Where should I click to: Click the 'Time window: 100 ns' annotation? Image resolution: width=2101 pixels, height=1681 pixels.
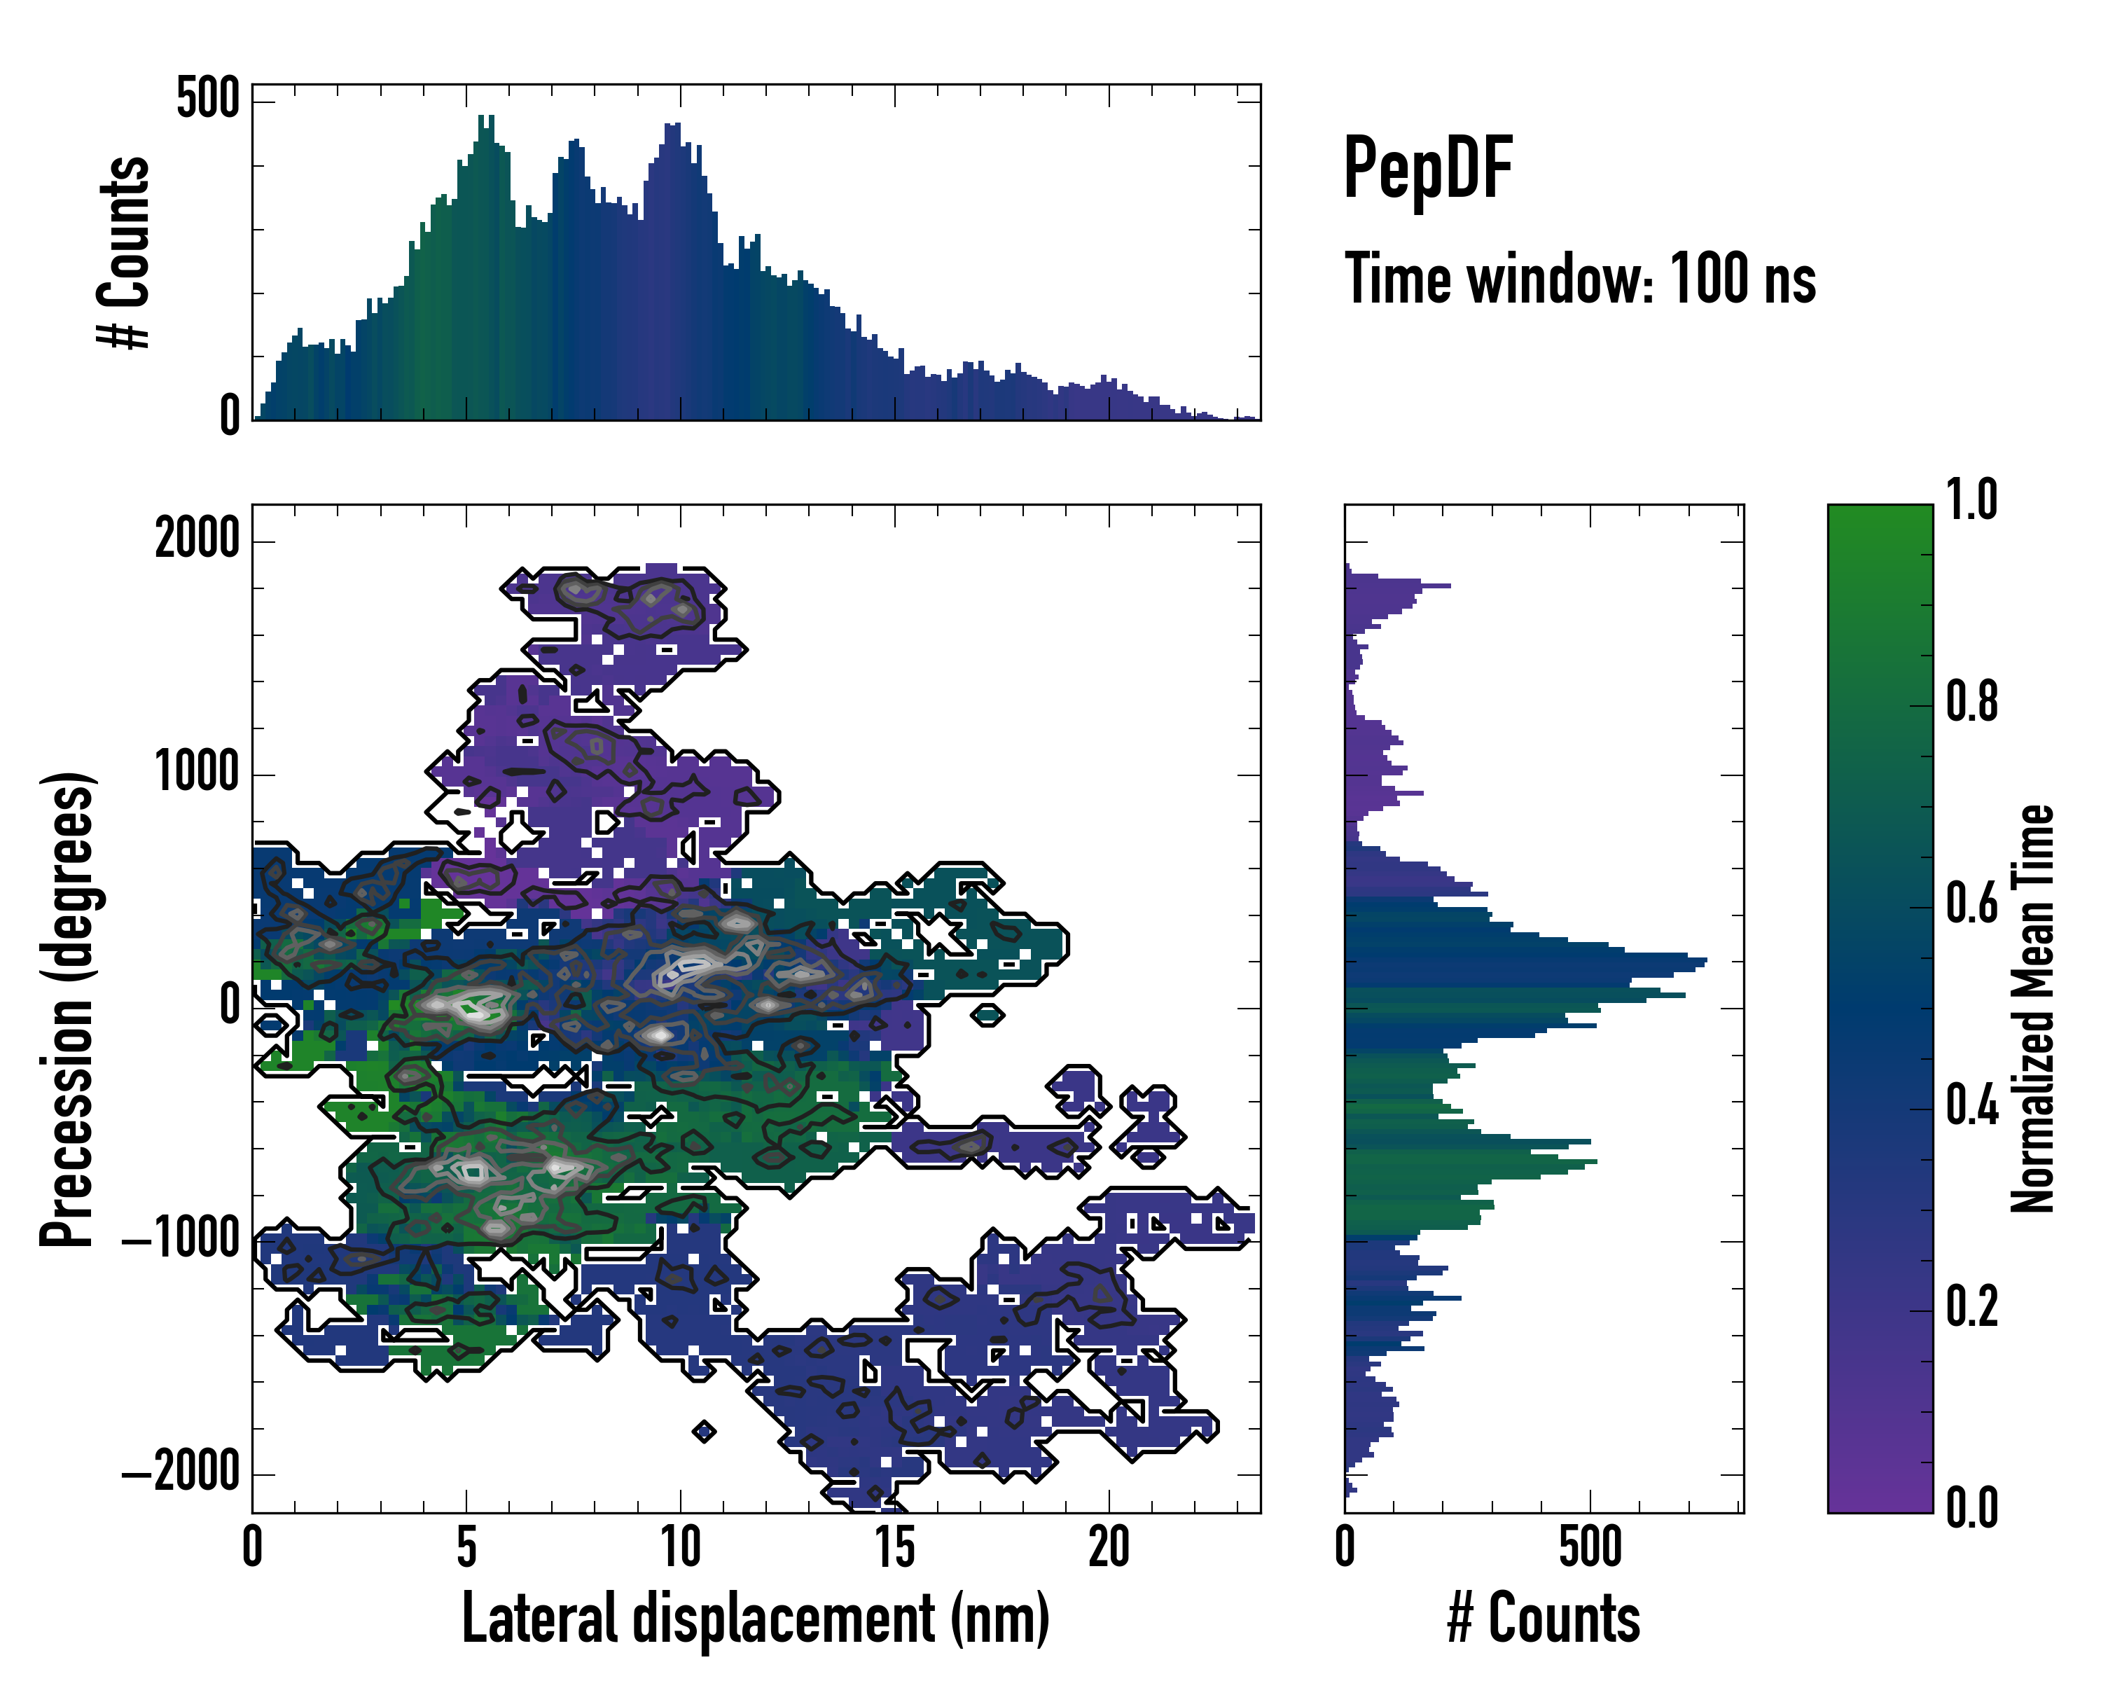pyautogui.click(x=1580, y=279)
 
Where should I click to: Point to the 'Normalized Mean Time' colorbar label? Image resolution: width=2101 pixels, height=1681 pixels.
pyautogui.click(x=2033, y=1009)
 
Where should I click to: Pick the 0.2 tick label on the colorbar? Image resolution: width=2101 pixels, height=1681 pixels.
pyautogui.click(x=1971, y=1307)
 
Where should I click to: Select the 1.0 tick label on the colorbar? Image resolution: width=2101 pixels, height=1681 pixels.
pyautogui.click(x=1971, y=501)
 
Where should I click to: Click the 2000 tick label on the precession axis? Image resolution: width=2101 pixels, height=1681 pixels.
pyautogui.click(x=197, y=539)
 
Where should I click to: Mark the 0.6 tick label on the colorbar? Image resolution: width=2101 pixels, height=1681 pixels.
pyautogui.click(x=1971, y=904)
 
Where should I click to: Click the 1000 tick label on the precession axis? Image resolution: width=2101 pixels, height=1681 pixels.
pyautogui.click(x=197, y=774)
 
